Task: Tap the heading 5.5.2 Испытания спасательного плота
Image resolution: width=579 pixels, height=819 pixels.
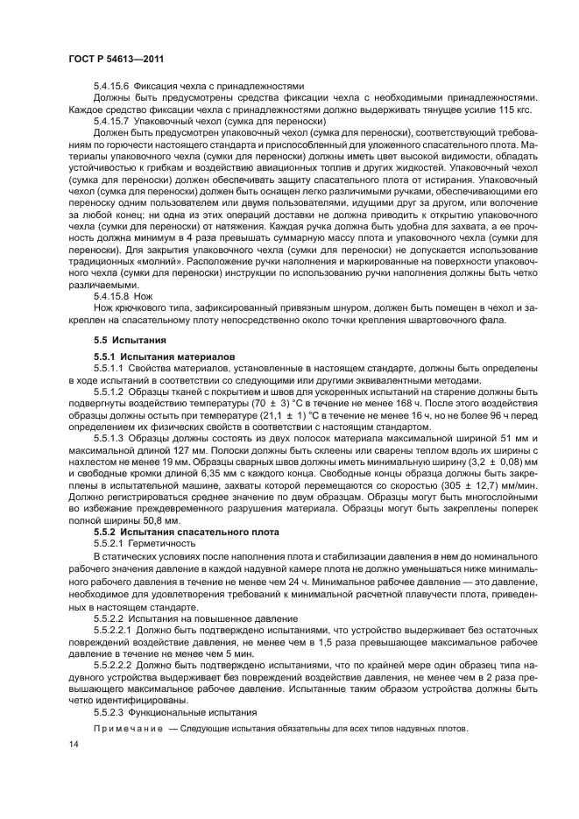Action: coord(186,531)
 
